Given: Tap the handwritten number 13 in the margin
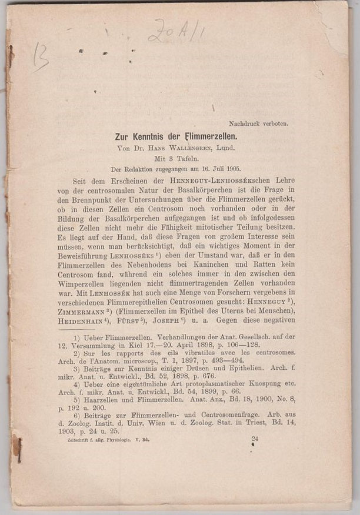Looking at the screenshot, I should click(x=39, y=56).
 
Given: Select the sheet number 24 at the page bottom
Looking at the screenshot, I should click(x=255, y=454).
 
